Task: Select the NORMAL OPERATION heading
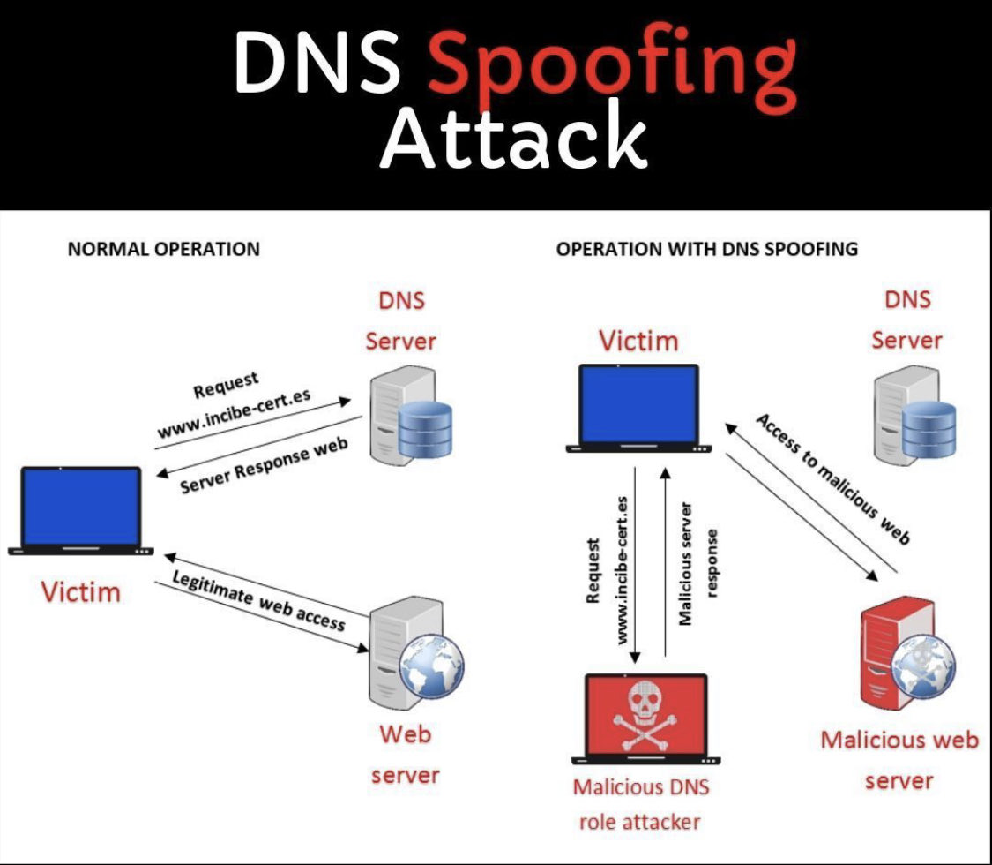pyautogui.click(x=163, y=249)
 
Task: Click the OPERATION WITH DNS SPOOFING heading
pyautogui.click(x=706, y=249)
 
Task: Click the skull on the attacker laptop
pyautogui.click(x=646, y=711)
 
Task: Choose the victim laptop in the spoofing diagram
pyautogui.click(x=638, y=408)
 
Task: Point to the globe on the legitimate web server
pyautogui.click(x=430, y=658)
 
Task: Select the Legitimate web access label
pyautogui.click(x=258, y=600)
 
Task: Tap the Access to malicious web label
pyautogui.click(x=832, y=477)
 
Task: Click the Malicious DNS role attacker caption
pyautogui.click(x=640, y=803)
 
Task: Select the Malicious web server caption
pyautogui.click(x=899, y=759)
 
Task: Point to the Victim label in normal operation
pyautogui.click(x=80, y=590)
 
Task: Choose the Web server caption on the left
pyautogui.click(x=405, y=754)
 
